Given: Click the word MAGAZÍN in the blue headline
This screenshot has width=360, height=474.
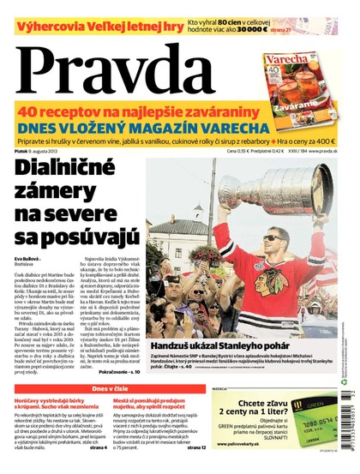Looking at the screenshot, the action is (208, 126).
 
